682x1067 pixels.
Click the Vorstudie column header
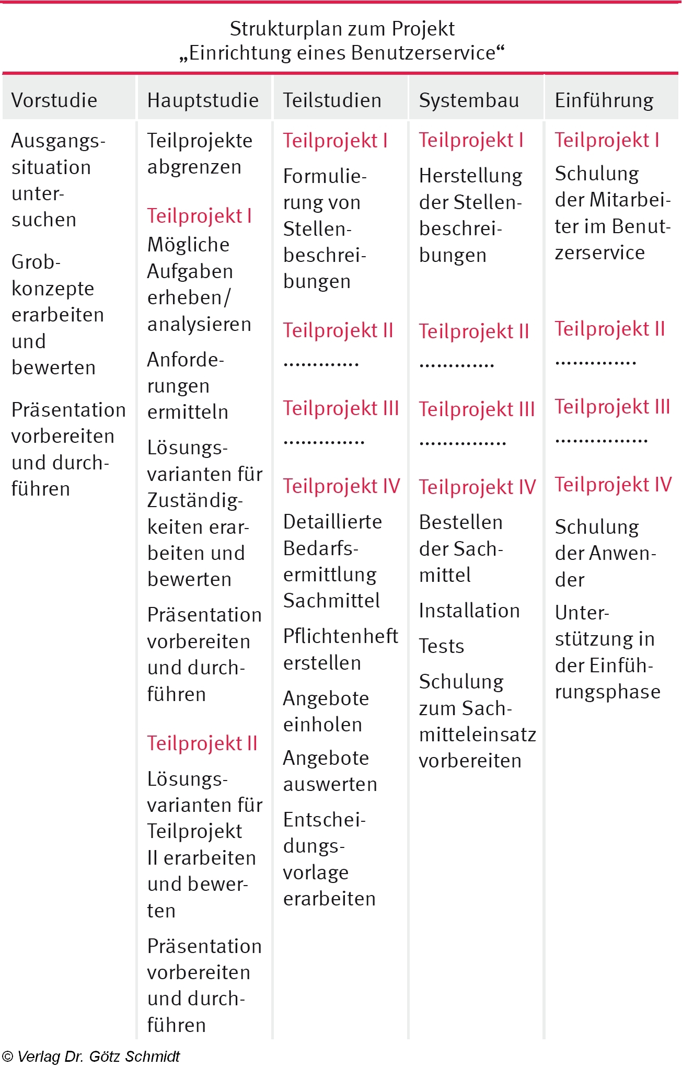pos(54,100)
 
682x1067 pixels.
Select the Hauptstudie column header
pos(203,100)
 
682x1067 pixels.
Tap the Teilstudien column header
pos(332,100)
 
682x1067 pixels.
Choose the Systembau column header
pos(469,100)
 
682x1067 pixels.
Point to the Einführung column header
pos(604,100)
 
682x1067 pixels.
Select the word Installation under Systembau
pos(469,611)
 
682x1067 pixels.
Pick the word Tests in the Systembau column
pos(442,646)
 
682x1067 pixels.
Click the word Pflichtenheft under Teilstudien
pos(341,636)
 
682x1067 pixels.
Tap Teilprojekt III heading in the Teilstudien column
pos(341,408)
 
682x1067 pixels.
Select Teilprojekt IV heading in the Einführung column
pos(613,485)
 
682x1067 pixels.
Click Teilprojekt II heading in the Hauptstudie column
pos(202,743)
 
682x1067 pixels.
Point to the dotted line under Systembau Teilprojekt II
pos(457,364)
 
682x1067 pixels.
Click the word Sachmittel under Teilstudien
pos(331,601)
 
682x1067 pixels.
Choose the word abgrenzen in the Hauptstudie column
pos(194,167)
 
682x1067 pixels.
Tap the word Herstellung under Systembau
pos(470,176)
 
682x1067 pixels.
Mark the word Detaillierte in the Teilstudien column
pos(332,522)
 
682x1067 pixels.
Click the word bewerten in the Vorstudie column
pos(53,368)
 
